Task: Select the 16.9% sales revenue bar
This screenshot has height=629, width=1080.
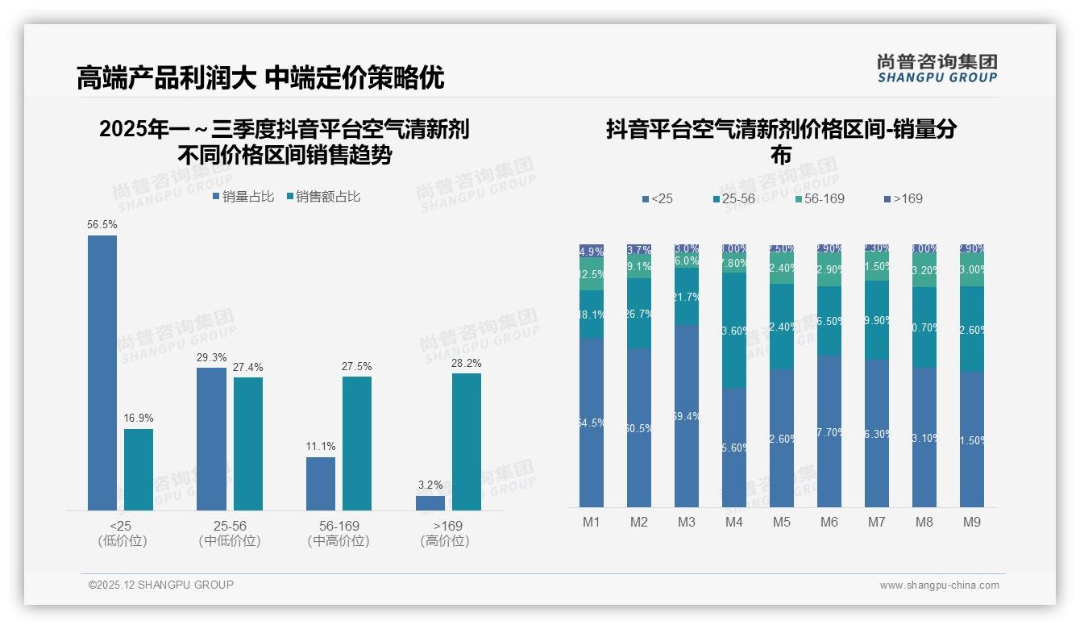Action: pyautogui.click(x=139, y=469)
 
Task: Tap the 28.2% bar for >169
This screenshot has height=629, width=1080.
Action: pyautogui.click(x=467, y=441)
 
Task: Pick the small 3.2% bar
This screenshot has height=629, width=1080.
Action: pyautogui.click(x=430, y=503)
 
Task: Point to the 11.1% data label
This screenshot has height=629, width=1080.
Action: pyautogui.click(x=321, y=446)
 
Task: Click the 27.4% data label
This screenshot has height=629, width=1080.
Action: pyautogui.click(x=248, y=367)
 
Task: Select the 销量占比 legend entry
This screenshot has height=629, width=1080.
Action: pyautogui.click(x=243, y=197)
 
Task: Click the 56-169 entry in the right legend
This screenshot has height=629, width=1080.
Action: pyautogui.click(x=819, y=198)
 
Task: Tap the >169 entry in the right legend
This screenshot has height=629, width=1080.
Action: pyautogui.click(x=903, y=198)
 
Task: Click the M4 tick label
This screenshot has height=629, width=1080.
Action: pyautogui.click(x=734, y=522)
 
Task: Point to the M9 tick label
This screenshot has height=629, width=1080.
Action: pyautogui.click(x=972, y=522)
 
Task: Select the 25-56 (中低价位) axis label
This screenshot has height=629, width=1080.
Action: pyautogui.click(x=230, y=533)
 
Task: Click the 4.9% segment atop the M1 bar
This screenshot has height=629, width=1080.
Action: pyautogui.click(x=592, y=251)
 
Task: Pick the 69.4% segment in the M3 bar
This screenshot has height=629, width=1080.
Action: pyautogui.click(x=687, y=416)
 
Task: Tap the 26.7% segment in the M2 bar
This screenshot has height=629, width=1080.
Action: pyautogui.click(x=639, y=314)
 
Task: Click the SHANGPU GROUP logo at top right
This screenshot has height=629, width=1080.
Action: pyautogui.click(x=937, y=68)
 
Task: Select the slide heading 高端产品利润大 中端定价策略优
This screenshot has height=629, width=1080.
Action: pyautogui.click(x=260, y=77)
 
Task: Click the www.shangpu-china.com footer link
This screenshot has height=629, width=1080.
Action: pyautogui.click(x=939, y=585)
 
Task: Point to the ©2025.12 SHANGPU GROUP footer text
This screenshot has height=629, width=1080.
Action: pyautogui.click(x=161, y=585)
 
